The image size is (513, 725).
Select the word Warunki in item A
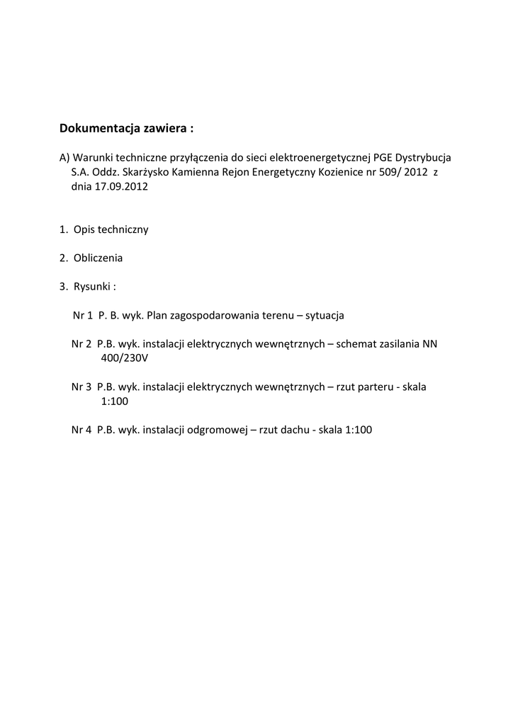coord(93,156)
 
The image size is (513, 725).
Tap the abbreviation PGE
coord(383,156)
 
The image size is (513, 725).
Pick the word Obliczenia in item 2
coord(98,258)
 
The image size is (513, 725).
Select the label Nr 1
coord(83,314)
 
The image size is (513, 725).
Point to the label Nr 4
coord(81,429)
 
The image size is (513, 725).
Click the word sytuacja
coord(325,314)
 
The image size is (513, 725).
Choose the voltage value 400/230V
coord(125,358)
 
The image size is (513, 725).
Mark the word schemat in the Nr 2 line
coord(358,344)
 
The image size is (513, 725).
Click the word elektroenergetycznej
coord(308,156)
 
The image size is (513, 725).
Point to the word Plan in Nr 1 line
coord(157,314)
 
